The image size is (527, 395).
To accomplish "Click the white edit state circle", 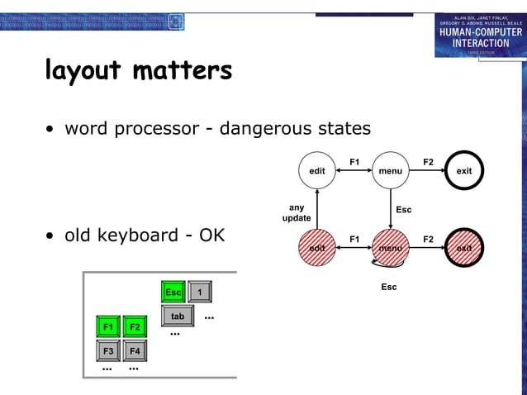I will point(316,171).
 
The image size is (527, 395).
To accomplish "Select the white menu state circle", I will point(391,171).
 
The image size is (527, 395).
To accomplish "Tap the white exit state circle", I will point(464,171).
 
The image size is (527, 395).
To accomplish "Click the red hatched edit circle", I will point(316,247).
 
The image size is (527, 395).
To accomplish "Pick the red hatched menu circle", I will point(391,247).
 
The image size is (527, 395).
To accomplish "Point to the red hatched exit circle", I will point(464,247).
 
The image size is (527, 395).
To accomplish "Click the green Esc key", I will point(173,293).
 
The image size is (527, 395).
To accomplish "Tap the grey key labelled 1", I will point(200,293).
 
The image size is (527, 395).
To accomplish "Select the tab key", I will point(178,316).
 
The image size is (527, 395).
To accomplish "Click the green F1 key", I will point(108,327).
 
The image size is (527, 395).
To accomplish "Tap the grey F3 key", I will point(108,351).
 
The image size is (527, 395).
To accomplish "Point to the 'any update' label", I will point(297,213).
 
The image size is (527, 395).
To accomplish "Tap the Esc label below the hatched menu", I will point(388,287).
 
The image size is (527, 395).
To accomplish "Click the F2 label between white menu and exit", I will point(428,161).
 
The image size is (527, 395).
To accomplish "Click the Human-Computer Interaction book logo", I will point(479,35).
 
